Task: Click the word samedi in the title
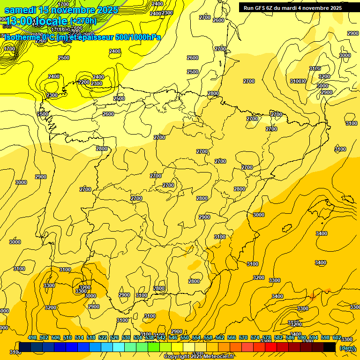21,10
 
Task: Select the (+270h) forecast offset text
83,21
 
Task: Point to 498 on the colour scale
32,337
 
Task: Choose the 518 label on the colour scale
91,337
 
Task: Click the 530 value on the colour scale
126,337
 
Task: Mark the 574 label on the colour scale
255,337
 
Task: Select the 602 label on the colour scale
337,337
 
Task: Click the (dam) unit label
347,348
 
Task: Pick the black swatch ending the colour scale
330,347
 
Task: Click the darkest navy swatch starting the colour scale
25,347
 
